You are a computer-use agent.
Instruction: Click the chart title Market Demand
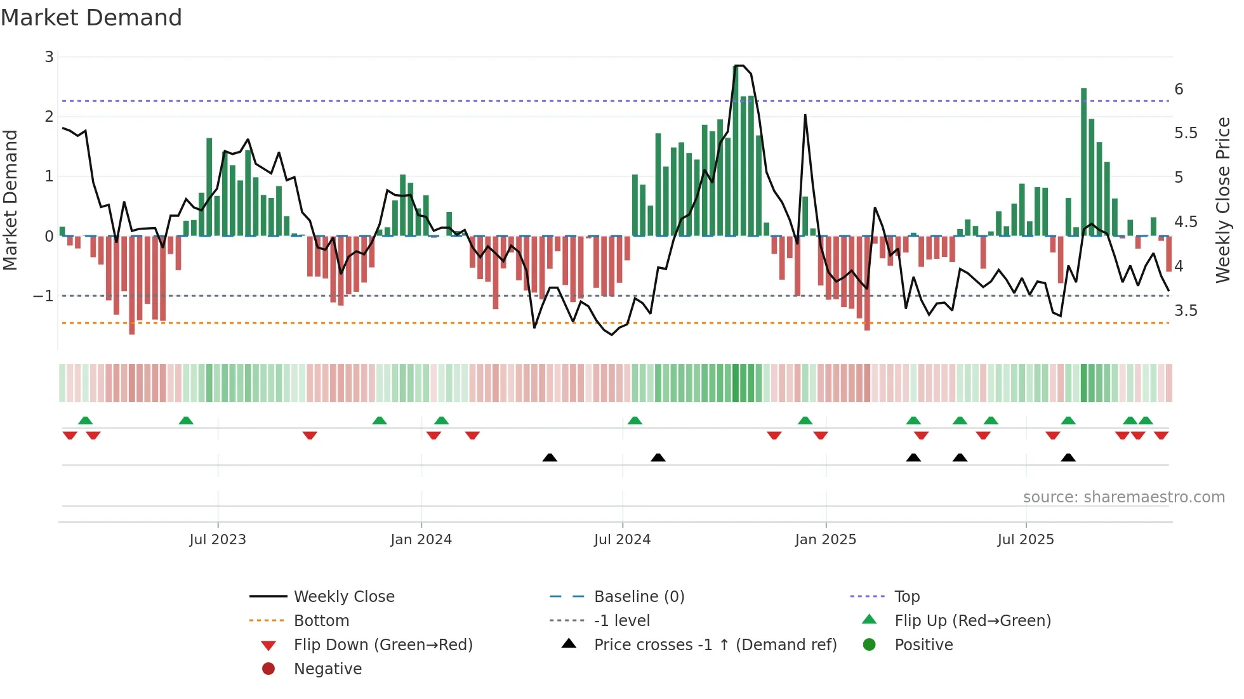pyautogui.click(x=91, y=18)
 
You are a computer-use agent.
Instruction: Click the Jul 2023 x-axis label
pyautogui.click(x=218, y=540)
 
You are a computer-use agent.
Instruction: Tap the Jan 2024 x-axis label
pyautogui.click(x=421, y=540)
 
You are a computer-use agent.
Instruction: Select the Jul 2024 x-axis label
pyautogui.click(x=622, y=540)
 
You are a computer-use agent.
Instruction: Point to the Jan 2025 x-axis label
pyautogui.click(x=825, y=540)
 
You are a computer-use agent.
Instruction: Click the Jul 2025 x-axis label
pyautogui.click(x=1026, y=540)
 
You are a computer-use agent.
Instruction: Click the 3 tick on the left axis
pyautogui.click(x=49, y=57)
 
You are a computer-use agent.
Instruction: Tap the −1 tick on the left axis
pyautogui.click(x=44, y=296)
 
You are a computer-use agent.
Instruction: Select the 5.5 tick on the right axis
pyautogui.click(x=1186, y=133)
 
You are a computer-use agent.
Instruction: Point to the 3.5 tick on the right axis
pyautogui.click(x=1186, y=311)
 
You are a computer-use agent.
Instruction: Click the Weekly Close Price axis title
pyautogui.click(x=1223, y=200)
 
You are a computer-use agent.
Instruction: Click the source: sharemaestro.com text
pyautogui.click(x=1123, y=497)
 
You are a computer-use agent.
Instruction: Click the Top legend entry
pyautogui.click(x=907, y=597)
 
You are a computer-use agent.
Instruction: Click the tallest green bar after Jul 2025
pyautogui.click(x=1084, y=162)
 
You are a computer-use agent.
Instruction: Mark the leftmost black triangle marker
pyautogui.click(x=550, y=457)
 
